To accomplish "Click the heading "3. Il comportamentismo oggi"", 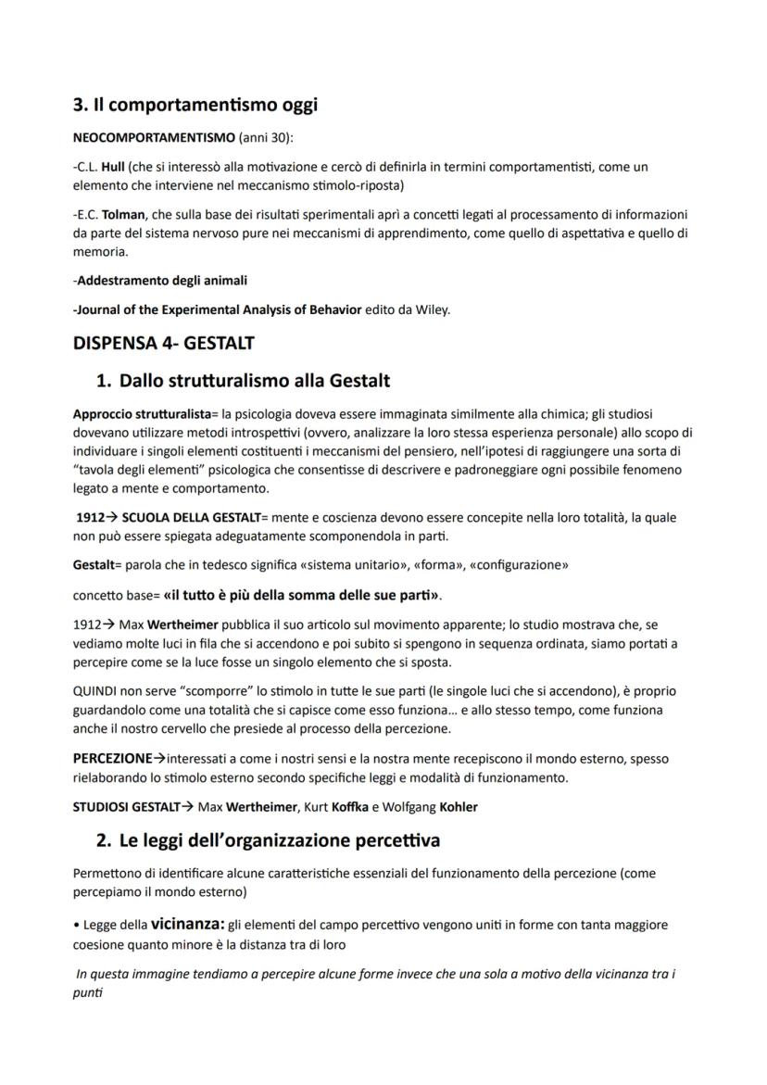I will pyautogui.click(x=195, y=105).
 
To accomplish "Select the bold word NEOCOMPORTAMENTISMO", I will pyautogui.click(x=154, y=138).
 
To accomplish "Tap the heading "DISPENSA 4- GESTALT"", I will pyautogui.click(x=163, y=343).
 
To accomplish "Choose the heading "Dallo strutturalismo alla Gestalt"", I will pyautogui.click(x=255, y=380).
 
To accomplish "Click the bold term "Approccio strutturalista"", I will pyautogui.click(x=142, y=413).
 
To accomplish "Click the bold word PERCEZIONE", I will pyautogui.click(x=112, y=758).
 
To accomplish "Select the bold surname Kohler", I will pyautogui.click(x=458, y=806).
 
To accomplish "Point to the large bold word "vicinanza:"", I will pyautogui.click(x=188, y=923).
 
